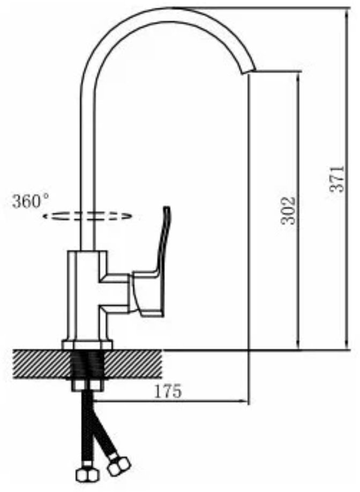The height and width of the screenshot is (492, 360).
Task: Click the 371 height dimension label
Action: [x=337, y=179]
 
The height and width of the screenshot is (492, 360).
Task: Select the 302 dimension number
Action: [x=288, y=211]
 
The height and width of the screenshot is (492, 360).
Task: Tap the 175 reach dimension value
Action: [x=168, y=391]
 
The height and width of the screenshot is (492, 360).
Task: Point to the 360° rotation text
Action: [x=31, y=201]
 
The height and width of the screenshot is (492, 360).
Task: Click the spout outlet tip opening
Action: [x=249, y=72]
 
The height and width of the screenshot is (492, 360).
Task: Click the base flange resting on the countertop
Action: [x=87, y=345]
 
